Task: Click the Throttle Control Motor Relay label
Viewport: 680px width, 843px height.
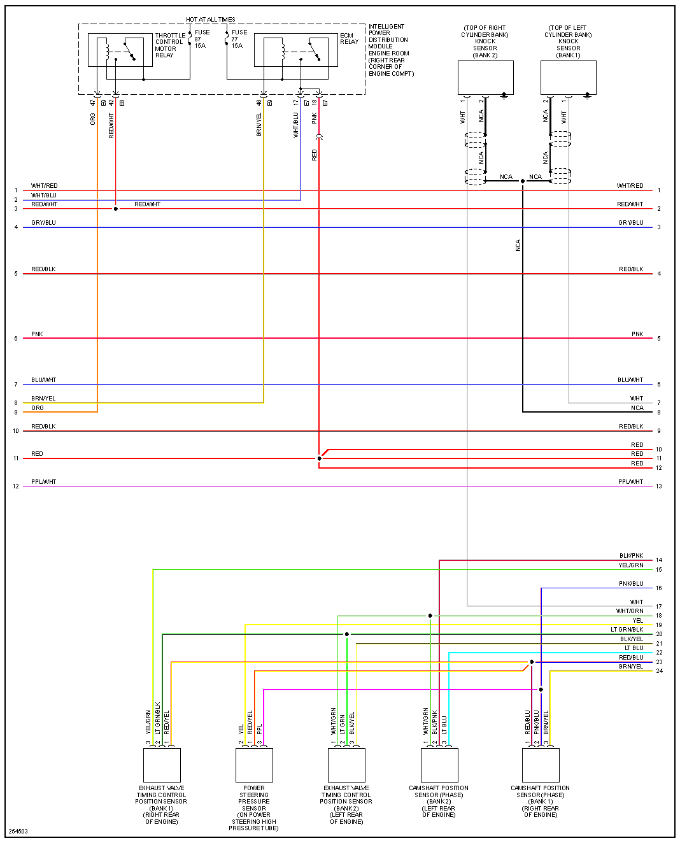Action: tap(169, 45)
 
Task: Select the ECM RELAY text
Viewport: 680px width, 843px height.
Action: tap(349, 39)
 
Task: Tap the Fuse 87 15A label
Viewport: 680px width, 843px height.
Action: tap(201, 39)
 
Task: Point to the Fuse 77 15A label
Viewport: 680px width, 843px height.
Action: tap(239, 39)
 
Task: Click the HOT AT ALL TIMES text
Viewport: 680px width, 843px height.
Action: tap(211, 20)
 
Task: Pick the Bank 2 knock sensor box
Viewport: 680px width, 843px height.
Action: tap(486, 78)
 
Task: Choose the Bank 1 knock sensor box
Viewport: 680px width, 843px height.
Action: tap(568, 78)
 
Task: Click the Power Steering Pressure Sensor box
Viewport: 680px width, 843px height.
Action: tap(254, 765)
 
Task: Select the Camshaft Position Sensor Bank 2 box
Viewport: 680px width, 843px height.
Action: tap(439, 765)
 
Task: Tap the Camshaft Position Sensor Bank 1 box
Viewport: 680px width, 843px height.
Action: tap(541, 765)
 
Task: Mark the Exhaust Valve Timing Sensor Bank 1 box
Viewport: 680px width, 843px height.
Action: tap(162, 765)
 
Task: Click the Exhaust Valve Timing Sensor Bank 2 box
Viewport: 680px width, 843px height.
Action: tap(346, 765)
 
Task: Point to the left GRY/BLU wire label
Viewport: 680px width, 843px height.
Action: tap(43, 223)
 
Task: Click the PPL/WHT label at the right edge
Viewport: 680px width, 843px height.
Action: tap(630, 482)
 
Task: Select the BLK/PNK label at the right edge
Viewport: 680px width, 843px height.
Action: tap(631, 556)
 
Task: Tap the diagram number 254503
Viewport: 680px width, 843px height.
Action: tap(18, 832)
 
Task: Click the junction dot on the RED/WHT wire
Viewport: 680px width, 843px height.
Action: tap(115, 209)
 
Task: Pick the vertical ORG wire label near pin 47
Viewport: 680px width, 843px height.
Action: tap(93, 119)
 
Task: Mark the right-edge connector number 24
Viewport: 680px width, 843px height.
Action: tap(659, 671)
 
